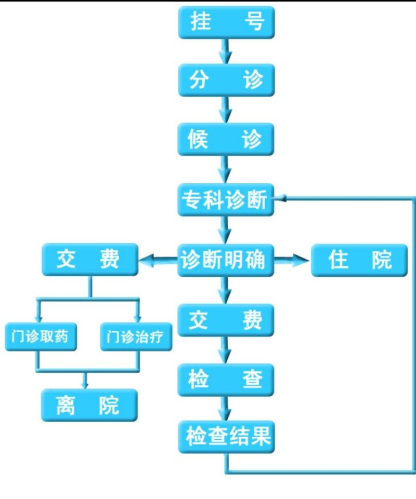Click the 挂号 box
click(x=226, y=22)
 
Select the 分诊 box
click(x=226, y=80)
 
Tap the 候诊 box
click(x=226, y=139)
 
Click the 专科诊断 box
click(x=226, y=200)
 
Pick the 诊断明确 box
click(x=226, y=260)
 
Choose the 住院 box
click(x=359, y=260)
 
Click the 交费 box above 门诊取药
click(x=90, y=259)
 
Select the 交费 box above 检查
click(x=226, y=320)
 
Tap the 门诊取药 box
click(x=41, y=336)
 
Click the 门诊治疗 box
click(x=136, y=336)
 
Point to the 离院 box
click(x=89, y=405)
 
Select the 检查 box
click(x=226, y=380)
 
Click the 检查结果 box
click(x=226, y=437)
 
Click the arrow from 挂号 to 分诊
click(x=226, y=51)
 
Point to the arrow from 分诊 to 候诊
click(x=226, y=110)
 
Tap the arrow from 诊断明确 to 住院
click(x=292, y=260)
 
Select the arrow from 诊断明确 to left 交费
click(x=158, y=260)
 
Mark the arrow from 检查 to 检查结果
click(x=226, y=409)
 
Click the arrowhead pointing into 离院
click(x=85, y=385)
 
